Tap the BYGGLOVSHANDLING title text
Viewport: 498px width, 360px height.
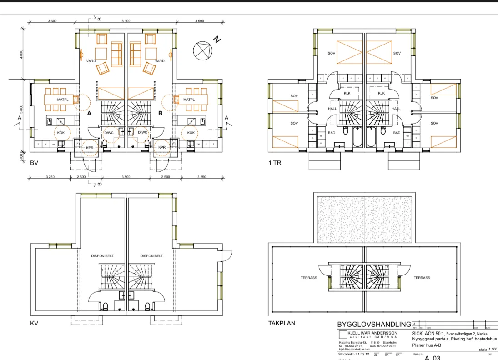373,325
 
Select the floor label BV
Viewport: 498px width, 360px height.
34,162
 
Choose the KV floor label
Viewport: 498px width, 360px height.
34,324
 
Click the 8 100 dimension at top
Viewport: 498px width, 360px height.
126,21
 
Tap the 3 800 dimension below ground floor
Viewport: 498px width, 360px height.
126,176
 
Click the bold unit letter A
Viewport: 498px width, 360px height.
90,114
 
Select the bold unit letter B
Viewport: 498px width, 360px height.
160,114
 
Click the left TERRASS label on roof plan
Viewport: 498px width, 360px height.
308,278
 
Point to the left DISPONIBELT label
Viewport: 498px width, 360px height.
102,256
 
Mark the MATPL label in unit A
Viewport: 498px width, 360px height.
62,100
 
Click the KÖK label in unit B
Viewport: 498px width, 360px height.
191,133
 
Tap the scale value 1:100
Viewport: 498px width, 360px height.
493,350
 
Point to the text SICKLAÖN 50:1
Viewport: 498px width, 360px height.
428,334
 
